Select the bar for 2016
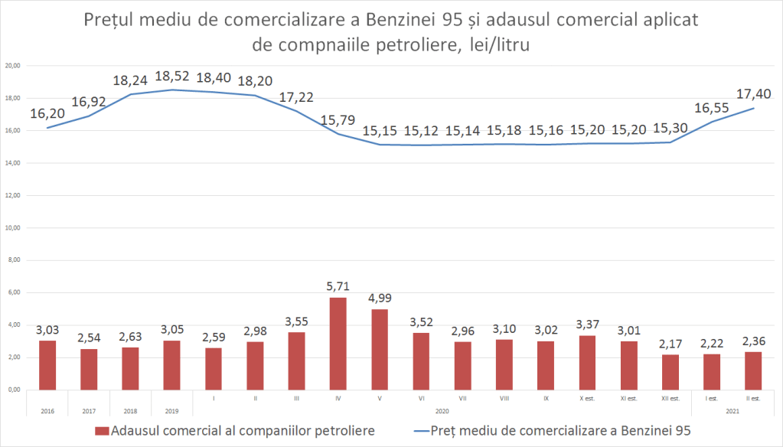click(x=47, y=365)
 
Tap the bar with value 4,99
click(x=379, y=349)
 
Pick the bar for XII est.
click(x=670, y=372)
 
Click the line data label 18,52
click(x=172, y=77)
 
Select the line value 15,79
click(x=338, y=121)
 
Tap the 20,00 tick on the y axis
click(x=13, y=67)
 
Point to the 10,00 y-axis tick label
click(x=13, y=229)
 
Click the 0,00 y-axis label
click(x=15, y=390)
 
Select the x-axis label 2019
click(x=172, y=411)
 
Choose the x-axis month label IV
click(x=338, y=399)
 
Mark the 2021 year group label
click(x=732, y=411)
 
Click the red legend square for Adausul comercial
click(x=103, y=431)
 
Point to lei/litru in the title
click(x=498, y=45)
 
